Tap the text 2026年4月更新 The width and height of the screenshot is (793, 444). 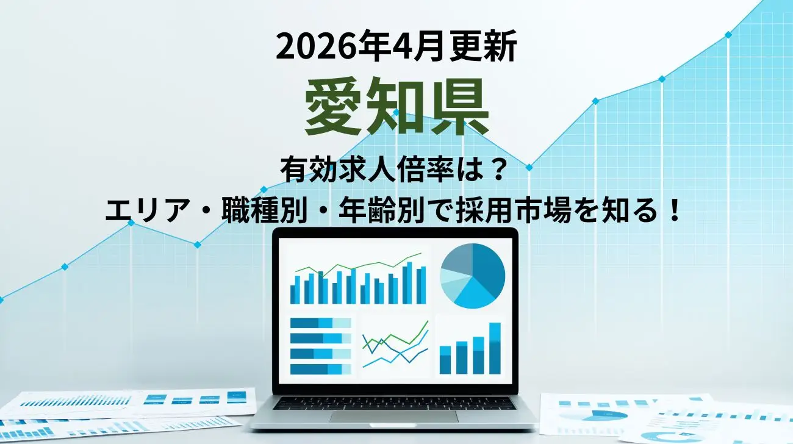[396, 48]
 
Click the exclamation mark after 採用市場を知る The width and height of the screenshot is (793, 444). [673, 212]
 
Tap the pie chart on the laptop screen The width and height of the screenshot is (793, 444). [472, 276]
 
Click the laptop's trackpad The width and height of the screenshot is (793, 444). [393, 417]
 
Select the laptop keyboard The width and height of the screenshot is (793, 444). [394, 403]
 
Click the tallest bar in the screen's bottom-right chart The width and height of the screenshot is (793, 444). [495, 348]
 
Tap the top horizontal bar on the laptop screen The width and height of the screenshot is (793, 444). [320, 323]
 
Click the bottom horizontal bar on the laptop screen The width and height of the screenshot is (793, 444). [320, 369]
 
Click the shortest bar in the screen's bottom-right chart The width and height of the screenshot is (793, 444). [445, 360]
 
